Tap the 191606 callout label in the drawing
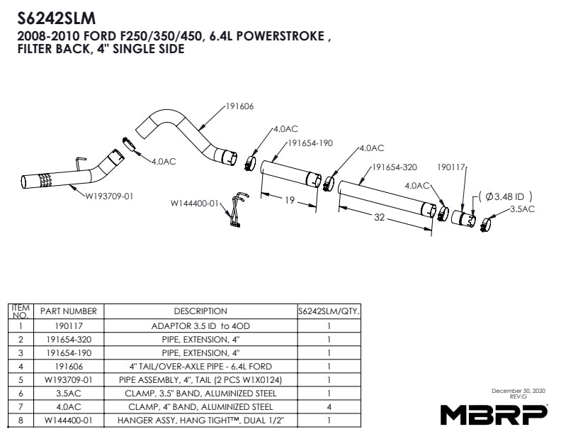coord(239,106)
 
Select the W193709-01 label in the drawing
coord(109,196)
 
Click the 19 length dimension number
coord(290,201)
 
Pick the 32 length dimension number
coord(379,217)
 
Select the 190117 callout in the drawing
coord(451,168)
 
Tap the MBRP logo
coord(494,413)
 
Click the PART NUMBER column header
coord(68,311)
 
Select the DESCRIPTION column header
coord(200,311)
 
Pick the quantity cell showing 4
coord(329,407)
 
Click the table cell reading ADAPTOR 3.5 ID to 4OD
coord(200,326)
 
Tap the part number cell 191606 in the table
coord(68,367)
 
